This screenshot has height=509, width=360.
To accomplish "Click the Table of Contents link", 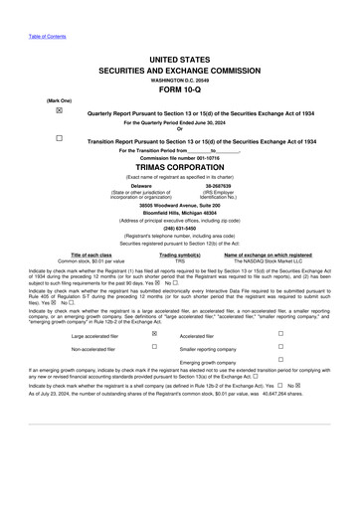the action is click(47, 36).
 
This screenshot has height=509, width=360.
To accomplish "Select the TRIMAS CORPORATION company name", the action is click(180, 167).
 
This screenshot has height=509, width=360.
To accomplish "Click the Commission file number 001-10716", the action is click(180, 158).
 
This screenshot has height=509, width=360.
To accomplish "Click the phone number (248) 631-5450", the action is click(180, 227).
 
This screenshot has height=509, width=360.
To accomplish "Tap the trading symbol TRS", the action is click(180, 261).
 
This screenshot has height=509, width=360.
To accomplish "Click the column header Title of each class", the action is click(92, 255).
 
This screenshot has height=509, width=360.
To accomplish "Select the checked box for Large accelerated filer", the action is click(154, 334).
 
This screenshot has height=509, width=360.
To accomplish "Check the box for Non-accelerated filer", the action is click(154, 348).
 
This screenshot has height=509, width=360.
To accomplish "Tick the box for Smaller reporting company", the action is click(280, 348).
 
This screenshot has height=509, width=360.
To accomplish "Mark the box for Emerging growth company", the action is click(280, 361).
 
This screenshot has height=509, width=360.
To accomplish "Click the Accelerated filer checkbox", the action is click(280, 334).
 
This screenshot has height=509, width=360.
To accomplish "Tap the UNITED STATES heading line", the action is click(180, 61).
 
